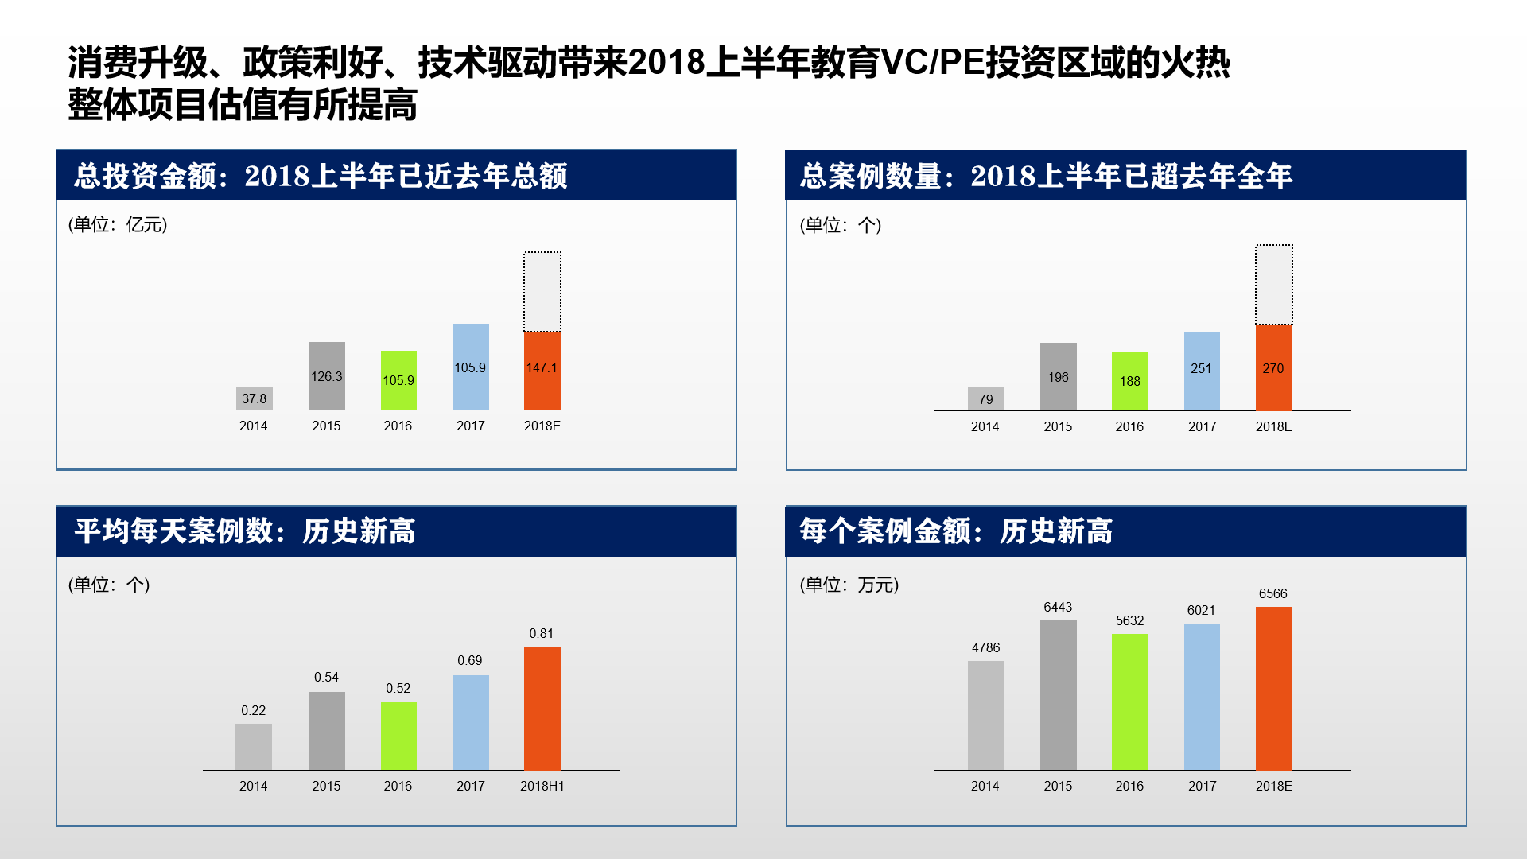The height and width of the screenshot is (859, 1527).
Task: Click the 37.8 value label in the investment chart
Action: tap(254, 398)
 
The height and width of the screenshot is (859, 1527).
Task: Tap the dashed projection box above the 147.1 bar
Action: tap(542, 291)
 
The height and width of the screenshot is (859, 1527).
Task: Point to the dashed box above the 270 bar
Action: tap(1273, 285)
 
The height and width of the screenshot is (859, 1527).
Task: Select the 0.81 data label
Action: tap(541, 633)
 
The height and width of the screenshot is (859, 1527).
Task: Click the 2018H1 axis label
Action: tap(542, 786)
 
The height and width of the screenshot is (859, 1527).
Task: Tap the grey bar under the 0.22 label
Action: tap(254, 747)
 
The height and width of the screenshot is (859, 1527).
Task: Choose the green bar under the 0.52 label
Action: tap(398, 736)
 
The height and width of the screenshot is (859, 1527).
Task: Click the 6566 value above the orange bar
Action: tap(1272, 593)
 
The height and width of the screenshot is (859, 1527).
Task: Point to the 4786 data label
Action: tap(985, 647)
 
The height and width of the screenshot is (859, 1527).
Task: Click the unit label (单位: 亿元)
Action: tap(118, 224)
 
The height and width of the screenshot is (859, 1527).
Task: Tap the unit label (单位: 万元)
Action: tap(849, 585)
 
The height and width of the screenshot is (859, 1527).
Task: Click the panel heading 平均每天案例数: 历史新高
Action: tap(245, 531)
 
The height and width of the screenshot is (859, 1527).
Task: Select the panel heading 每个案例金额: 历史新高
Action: tap(956, 531)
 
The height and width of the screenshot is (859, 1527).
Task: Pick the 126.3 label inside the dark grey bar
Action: tap(326, 376)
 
